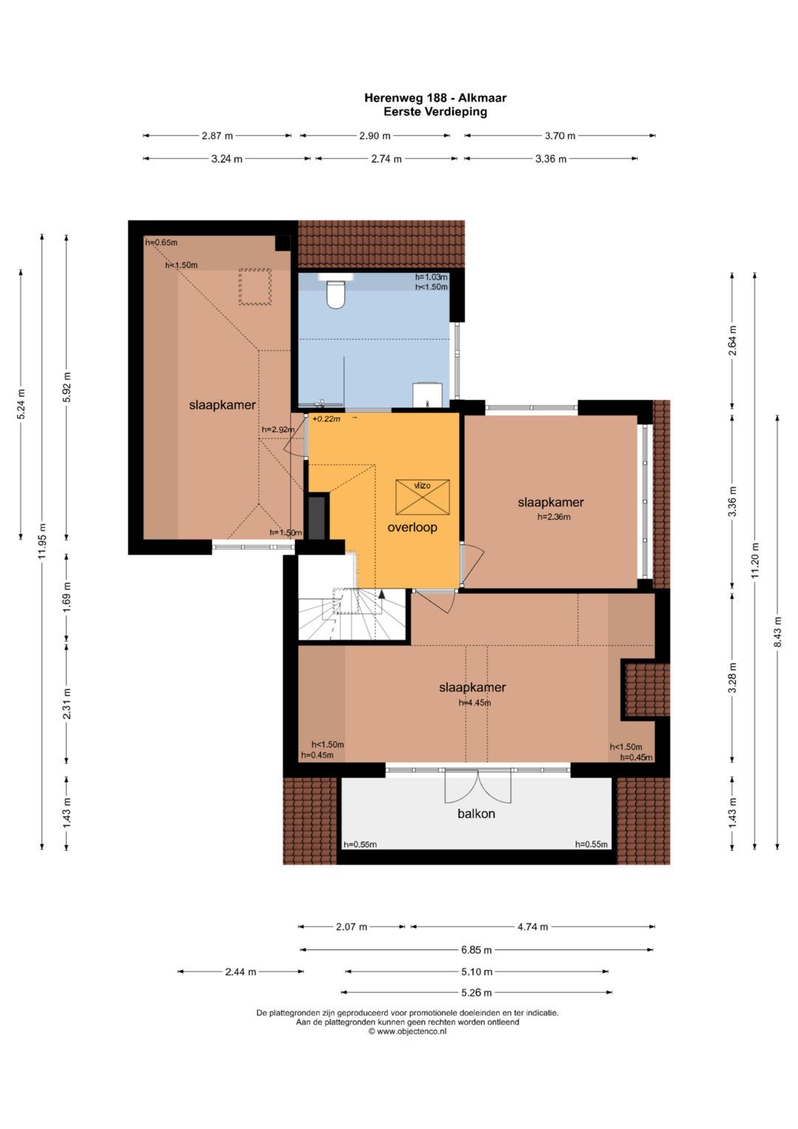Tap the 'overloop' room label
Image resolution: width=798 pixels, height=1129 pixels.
click(412, 527)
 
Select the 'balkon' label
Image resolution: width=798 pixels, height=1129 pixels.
click(476, 813)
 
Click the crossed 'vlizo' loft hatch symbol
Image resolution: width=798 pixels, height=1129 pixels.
click(422, 497)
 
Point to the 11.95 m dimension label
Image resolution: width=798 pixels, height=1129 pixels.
click(42, 540)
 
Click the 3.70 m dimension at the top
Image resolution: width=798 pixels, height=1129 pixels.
click(560, 135)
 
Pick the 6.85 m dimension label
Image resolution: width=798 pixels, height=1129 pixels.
click(476, 950)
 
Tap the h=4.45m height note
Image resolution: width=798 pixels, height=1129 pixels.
click(474, 702)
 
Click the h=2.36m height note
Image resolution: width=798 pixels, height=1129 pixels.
click(553, 517)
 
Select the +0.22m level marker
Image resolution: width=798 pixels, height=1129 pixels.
click(326, 418)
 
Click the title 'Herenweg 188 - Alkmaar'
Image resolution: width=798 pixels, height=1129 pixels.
click(435, 98)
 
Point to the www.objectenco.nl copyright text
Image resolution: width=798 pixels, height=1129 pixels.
click(407, 1031)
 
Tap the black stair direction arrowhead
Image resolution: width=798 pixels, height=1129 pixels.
click(381, 594)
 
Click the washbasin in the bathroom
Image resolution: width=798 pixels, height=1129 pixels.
click(427, 395)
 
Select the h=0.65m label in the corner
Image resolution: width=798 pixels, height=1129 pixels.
click(161, 243)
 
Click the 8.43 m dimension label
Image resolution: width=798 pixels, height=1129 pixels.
click(777, 633)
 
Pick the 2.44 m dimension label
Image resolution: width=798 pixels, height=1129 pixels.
click(240, 972)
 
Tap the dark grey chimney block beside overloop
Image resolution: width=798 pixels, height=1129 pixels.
click(316, 518)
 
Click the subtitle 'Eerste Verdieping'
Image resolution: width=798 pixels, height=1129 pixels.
click(435, 112)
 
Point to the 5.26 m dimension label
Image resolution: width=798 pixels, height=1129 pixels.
click(476, 993)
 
